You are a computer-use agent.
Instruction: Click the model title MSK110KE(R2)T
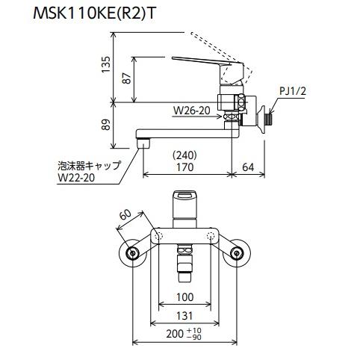(95, 13)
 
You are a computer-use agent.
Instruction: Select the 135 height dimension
(105, 64)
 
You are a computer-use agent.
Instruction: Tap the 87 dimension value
(127, 78)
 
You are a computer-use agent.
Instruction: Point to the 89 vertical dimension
(106, 125)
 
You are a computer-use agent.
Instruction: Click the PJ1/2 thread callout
(292, 91)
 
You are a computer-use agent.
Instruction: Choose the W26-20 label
(192, 111)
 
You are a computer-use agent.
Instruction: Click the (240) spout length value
(184, 155)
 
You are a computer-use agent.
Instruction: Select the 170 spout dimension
(184, 167)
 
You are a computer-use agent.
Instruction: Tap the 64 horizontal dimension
(248, 167)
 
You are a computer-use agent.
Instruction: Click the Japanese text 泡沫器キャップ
(90, 165)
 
